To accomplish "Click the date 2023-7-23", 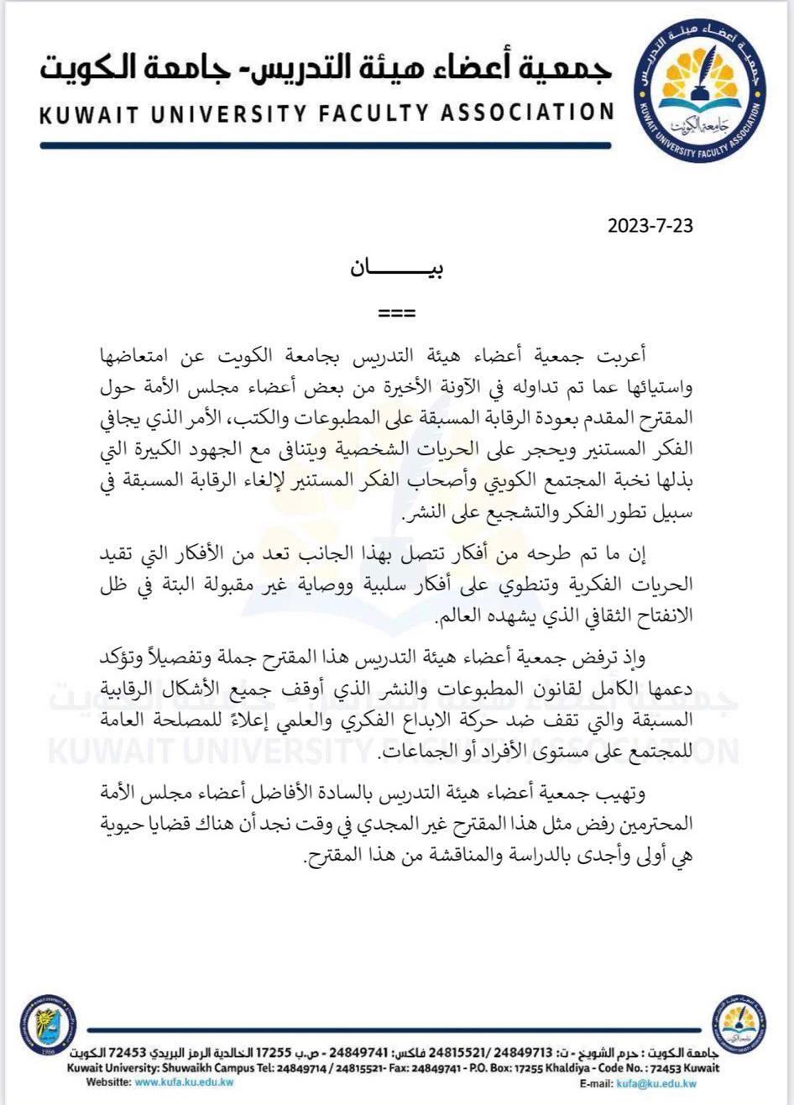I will [x=651, y=226].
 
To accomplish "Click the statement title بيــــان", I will [x=396, y=270].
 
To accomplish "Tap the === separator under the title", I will [x=397, y=313].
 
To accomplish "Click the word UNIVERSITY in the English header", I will [x=229, y=114].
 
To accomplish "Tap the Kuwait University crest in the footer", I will [x=48, y=1024].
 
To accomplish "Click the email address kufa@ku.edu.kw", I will [x=656, y=1084].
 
